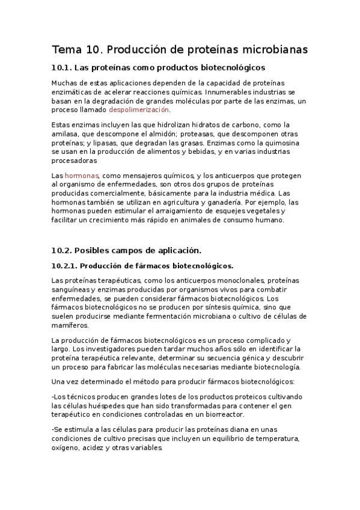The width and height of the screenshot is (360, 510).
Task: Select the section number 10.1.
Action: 63,68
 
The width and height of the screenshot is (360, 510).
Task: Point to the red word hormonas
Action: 81,175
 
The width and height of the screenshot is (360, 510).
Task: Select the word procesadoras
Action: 75,161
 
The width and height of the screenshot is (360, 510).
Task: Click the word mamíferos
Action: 70,325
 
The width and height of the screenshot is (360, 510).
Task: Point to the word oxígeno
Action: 67,449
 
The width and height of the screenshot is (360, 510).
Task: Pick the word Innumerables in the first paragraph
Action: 230,92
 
